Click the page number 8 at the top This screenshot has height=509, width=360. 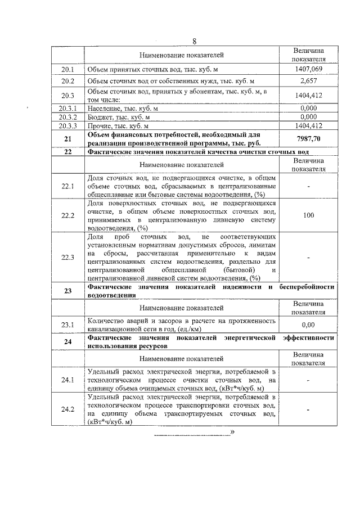point(194,42)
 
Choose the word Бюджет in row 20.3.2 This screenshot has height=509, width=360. point(100,117)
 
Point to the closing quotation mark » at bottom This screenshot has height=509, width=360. point(232,432)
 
